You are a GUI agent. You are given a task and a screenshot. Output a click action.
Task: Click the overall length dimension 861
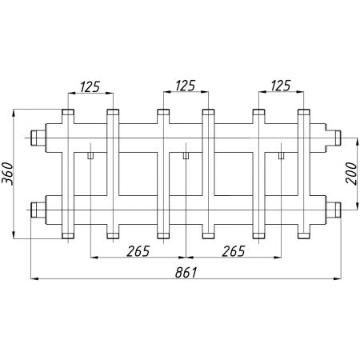pos(186,273)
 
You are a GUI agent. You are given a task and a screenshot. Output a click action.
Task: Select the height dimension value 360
pos(7,174)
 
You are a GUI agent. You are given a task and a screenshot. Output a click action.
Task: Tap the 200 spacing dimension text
pos(351,174)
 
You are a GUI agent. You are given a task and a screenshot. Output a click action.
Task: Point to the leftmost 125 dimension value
pos(90,86)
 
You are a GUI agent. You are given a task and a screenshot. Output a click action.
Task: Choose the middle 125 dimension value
pos(186,86)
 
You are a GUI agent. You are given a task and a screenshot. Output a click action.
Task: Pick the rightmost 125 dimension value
pos(281,86)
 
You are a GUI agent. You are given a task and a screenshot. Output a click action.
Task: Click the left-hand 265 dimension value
pos(138,251)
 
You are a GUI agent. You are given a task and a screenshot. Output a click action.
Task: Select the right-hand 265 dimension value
pos(234,251)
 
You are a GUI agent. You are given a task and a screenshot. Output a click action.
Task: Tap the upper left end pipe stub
pos(38,138)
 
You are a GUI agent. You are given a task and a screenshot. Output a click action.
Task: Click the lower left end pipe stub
pos(38,210)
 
